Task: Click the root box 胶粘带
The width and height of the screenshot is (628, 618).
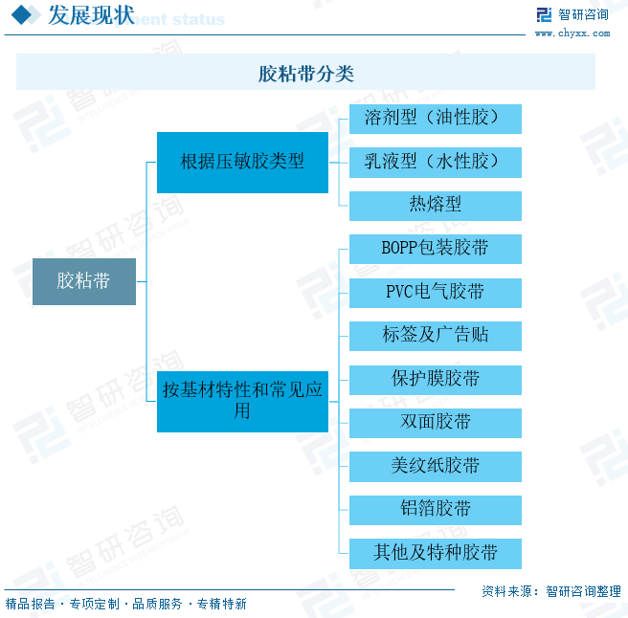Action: coord(83,281)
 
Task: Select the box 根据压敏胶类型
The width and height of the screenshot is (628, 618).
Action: coord(242,162)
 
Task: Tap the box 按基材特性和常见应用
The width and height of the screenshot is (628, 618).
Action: coord(242,401)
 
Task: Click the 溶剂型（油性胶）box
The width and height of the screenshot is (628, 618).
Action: coord(435,118)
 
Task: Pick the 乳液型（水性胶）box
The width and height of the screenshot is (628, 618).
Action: coord(435,162)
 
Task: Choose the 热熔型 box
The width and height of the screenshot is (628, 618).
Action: coord(435,205)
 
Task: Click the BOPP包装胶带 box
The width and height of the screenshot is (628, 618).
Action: coord(435,248)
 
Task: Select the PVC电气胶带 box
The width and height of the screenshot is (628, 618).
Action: coord(435,292)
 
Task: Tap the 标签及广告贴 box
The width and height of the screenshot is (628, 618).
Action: coord(435,335)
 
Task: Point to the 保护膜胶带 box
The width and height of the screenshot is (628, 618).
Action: coord(435,379)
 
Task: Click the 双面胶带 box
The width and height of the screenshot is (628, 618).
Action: coord(435,422)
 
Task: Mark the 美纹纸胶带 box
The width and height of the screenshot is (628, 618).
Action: coord(435,466)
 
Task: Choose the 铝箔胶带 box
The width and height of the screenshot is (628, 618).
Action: coord(435,509)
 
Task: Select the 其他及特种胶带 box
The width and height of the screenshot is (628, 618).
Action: coord(435,553)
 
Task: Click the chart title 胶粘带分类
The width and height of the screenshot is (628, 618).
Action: coord(305,73)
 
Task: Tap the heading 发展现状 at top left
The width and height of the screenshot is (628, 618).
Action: coord(91,15)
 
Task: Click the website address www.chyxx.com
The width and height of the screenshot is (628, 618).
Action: coord(572,33)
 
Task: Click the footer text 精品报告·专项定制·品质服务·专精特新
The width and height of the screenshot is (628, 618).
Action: coord(125,605)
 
